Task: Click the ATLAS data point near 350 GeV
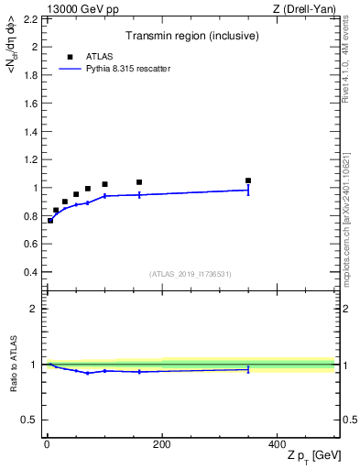[x=248, y=180]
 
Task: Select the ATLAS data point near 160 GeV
[x=139, y=182]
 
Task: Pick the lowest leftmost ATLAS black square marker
[x=50, y=221]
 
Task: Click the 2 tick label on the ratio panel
[x=33, y=309]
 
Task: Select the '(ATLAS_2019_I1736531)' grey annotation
[x=191, y=274]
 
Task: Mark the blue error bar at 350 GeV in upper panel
[x=248, y=190]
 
